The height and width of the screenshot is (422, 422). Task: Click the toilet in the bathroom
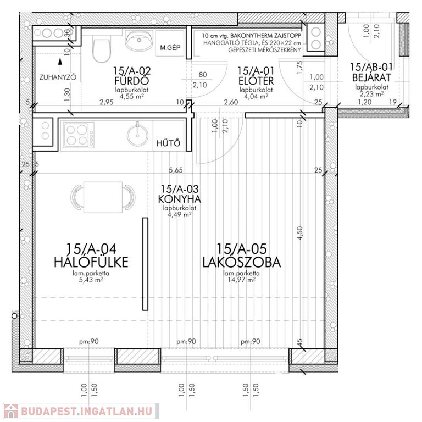coord(102,48)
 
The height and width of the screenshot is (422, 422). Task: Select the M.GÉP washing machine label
coord(170,48)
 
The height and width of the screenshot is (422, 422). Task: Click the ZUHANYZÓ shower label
coord(58,77)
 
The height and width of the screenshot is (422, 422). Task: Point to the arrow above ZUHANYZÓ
coord(60,62)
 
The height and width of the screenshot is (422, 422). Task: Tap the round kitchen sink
coord(137,134)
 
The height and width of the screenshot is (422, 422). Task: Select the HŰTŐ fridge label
coord(169,143)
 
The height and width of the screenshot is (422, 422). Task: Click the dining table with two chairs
coord(103,197)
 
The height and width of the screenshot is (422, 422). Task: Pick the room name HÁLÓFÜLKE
coord(91,262)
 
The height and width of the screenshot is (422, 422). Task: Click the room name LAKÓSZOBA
coord(242,262)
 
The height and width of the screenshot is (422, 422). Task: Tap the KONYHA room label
coord(179,199)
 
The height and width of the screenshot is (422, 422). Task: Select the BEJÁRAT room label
coord(371,77)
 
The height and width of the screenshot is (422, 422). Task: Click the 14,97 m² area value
coord(242,280)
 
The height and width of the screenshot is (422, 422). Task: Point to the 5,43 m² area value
coord(91,280)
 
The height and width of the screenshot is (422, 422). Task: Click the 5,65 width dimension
coord(176,170)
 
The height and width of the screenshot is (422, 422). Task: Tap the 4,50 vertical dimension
coord(300,233)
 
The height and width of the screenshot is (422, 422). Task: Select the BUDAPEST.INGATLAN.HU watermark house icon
coord(11,412)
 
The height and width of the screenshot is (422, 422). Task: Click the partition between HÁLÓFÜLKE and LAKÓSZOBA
coord(145,264)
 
